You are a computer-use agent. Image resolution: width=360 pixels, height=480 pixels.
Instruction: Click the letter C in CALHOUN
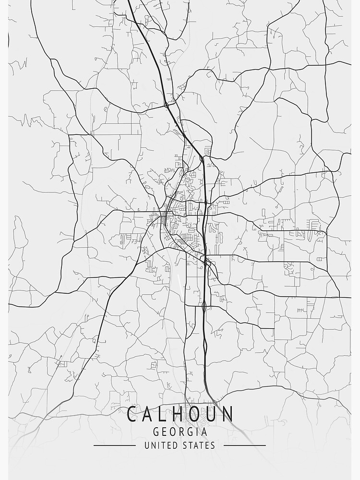pyautogui.click(x=132, y=414)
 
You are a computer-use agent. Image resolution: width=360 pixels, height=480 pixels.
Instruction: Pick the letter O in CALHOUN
pyautogui.click(x=196, y=414)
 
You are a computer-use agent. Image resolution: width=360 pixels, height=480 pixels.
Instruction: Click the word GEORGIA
pyautogui.click(x=180, y=432)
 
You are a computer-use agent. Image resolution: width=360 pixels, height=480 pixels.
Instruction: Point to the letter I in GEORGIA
pyautogui.click(x=199, y=432)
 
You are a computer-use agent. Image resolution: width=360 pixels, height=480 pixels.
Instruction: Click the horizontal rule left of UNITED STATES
pyautogui.click(x=115, y=445)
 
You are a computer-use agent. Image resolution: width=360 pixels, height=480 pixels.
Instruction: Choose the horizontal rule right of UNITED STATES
pyautogui.click(x=245, y=445)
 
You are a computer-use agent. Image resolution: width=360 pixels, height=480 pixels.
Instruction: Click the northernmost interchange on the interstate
pyautogui.click(x=166, y=104)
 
